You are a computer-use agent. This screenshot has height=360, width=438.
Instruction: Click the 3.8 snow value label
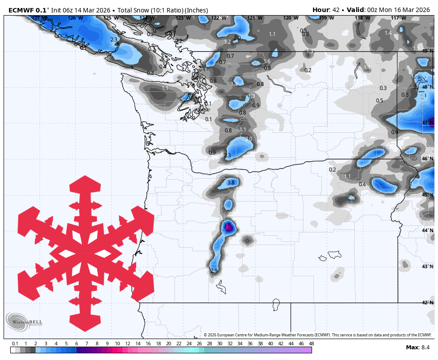click(231, 183)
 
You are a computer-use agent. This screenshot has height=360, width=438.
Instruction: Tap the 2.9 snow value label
click(214, 270)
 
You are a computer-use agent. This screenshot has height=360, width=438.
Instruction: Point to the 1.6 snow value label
click(267, 61)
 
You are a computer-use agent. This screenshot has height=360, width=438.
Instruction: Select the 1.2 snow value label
click(227, 42)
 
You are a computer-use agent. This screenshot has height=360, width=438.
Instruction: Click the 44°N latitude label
click(427, 230)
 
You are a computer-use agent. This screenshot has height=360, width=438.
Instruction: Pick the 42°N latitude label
click(427, 303)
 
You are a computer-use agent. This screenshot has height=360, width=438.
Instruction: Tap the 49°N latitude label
click(427, 51)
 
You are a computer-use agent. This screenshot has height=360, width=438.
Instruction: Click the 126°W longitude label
click(75, 18)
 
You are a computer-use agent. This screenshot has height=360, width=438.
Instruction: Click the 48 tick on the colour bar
click(311, 344)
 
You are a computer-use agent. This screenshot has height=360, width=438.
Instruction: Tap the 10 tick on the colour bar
click(117, 344)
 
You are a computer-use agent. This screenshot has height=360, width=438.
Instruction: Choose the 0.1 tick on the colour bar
click(15, 344)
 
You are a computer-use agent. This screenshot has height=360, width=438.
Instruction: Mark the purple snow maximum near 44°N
click(228, 227)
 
